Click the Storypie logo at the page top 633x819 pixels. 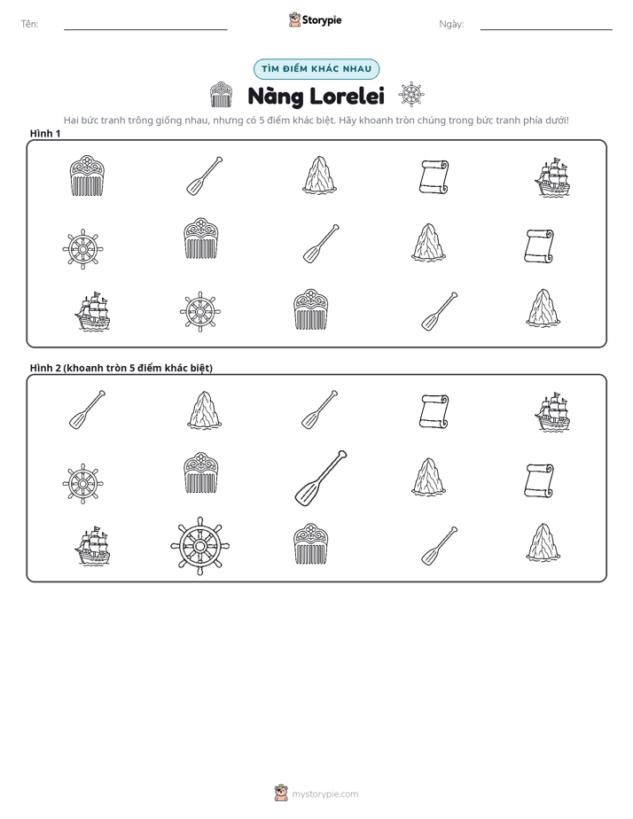click(316, 19)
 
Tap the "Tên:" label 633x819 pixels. click(30, 24)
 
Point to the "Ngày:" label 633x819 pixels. click(451, 24)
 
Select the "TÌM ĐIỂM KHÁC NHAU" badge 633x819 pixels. click(316, 69)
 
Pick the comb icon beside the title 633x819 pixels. click(221, 95)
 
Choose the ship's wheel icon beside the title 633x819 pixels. click(411, 95)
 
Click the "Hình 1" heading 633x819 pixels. click(45, 134)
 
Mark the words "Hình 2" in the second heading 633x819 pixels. click(45, 368)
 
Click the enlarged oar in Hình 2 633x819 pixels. click(321, 478)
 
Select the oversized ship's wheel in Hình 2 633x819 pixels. click(200, 546)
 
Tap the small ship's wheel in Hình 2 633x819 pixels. click(82, 483)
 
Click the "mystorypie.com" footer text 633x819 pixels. click(324, 794)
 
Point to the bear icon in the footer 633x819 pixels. click(281, 793)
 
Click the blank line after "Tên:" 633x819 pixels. click(145, 30)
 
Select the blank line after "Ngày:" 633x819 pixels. click(546, 30)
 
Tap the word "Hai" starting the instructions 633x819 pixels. click(71, 121)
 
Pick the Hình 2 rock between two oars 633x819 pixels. click(205, 410)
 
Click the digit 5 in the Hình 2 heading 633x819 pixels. click(132, 368)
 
